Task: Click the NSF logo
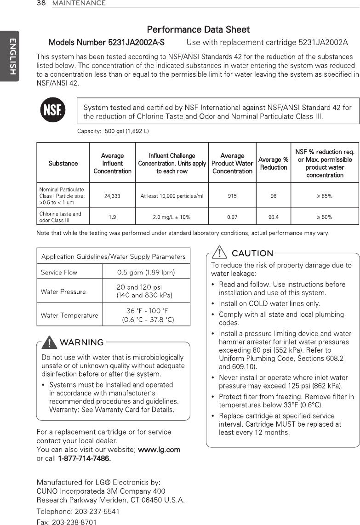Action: (53, 111)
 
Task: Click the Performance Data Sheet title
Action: (198, 30)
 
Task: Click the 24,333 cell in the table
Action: (112, 196)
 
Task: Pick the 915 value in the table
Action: (232, 196)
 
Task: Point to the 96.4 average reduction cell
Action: (273, 217)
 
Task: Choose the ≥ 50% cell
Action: (325, 217)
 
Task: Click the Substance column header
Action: (63, 163)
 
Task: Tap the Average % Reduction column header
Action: (273, 163)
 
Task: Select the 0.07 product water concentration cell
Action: (232, 217)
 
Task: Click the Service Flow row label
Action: (59, 273)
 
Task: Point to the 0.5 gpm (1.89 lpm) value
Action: (146, 273)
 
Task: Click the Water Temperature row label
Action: (69, 315)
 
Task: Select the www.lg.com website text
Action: (159, 449)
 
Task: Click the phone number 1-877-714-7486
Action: (84, 459)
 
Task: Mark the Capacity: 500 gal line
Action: (113, 131)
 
